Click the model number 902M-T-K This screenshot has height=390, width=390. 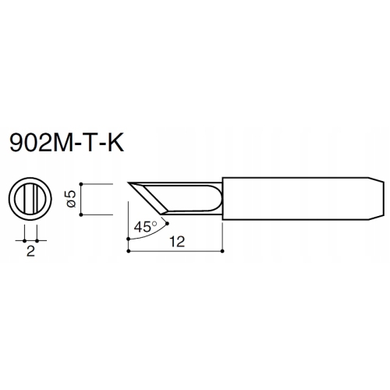[66, 143]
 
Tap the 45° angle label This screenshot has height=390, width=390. [145, 227]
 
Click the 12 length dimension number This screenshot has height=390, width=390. [177, 242]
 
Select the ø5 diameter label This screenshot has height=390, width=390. [71, 199]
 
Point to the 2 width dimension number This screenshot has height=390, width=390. [30, 251]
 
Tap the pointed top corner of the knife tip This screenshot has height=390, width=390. [128, 183]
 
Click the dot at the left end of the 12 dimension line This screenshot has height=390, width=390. [128, 251]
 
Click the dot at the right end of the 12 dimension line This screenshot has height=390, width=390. [222, 251]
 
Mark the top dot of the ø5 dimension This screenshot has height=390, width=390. [81, 184]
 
